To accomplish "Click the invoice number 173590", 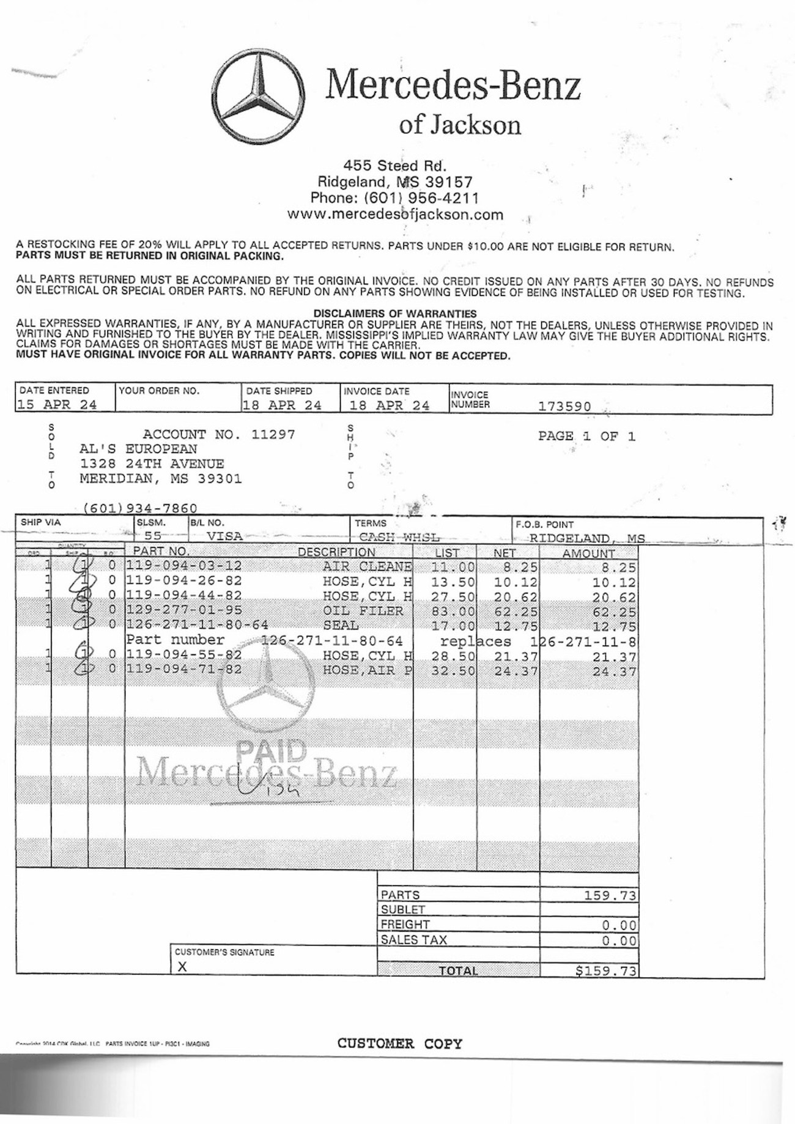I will tap(564, 406).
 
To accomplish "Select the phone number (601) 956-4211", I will tap(421, 198).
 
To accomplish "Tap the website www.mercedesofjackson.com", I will tap(395, 215).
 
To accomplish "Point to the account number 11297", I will tap(273, 435).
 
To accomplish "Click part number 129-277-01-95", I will tap(184, 610).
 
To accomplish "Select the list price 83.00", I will tap(453, 611).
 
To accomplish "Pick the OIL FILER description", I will tap(363, 611).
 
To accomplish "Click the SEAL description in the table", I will tap(341, 626).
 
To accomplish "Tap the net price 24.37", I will tap(516, 671).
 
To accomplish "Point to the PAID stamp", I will tap(271, 750).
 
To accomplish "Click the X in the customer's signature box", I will tap(182, 967).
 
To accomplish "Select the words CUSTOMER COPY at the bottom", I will tap(399, 1043).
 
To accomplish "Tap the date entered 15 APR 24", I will tap(57, 405).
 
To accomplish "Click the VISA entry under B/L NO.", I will tap(224, 536).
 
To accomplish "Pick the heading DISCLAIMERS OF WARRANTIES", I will tap(394, 314).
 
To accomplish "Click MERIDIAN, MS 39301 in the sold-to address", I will tap(161, 479).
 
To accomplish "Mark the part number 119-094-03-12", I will tap(184, 566).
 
